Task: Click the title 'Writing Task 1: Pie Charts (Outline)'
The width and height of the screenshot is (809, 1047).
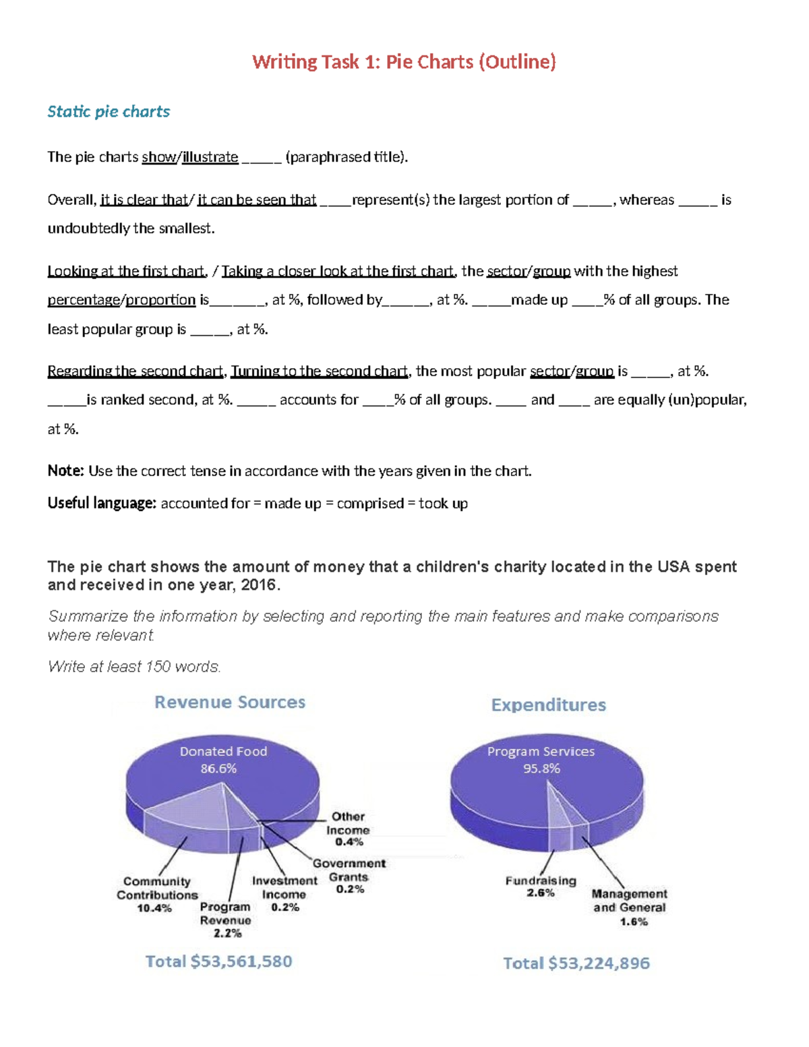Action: [404, 62]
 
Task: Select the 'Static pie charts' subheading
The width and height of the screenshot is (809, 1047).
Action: [109, 111]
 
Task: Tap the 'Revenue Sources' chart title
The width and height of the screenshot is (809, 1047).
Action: [230, 702]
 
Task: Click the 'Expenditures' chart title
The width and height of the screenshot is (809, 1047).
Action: [548, 705]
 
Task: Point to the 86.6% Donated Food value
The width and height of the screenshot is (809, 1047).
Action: [218, 769]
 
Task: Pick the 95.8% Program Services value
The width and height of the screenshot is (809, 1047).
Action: [541, 769]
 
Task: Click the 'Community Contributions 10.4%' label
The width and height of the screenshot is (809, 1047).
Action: [156, 895]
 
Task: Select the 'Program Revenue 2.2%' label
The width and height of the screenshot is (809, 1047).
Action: [226, 920]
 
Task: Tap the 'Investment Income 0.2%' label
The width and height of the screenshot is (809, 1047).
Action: [284, 894]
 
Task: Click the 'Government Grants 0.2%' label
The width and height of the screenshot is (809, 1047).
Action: [349, 876]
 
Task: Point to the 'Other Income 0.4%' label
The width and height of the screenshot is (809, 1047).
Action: [348, 829]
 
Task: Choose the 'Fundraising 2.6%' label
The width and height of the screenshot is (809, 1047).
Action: [541, 886]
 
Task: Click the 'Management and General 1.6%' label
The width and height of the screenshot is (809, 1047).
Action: [630, 907]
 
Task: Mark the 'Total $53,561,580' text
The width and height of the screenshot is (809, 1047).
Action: [219, 961]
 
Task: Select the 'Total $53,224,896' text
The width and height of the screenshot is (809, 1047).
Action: [576, 963]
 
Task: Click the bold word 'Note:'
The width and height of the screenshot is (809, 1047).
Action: [65, 471]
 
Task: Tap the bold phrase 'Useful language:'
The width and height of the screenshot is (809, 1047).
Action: [102, 503]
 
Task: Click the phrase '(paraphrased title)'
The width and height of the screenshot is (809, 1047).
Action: [346, 157]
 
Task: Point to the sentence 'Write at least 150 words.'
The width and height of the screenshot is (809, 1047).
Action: [134, 667]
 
